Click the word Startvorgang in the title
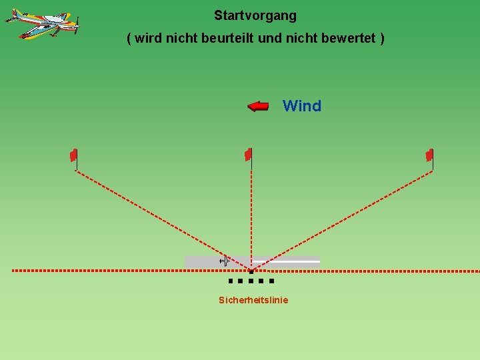point(255,15)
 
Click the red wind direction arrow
point(258,106)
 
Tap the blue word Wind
point(302,106)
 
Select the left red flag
point(74,155)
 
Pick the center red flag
point(248,155)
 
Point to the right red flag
point(430,155)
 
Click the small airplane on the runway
point(225,261)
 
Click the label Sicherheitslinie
point(253,300)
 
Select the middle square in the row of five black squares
point(251,281)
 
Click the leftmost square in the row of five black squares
point(230,281)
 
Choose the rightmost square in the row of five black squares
point(271,281)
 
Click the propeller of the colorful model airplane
point(77,26)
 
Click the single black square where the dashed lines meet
point(251,271)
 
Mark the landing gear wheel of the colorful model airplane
point(25,36)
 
